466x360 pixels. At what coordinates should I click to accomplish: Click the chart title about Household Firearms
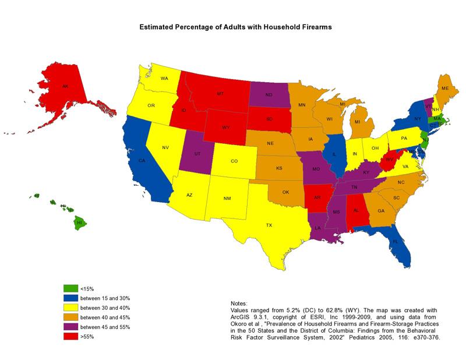(234, 27)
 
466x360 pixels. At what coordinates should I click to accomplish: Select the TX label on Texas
(269, 225)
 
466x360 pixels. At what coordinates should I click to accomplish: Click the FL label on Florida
(395, 241)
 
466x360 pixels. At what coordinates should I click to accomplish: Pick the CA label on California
(141, 160)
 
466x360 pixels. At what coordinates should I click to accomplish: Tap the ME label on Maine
(445, 88)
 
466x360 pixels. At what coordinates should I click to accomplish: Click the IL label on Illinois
(335, 155)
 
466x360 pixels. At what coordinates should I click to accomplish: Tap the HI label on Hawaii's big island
(79, 223)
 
